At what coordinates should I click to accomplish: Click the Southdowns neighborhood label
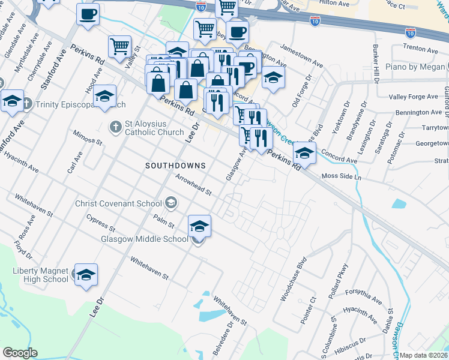(x=175, y=165)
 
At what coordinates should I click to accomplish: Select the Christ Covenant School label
(x=118, y=203)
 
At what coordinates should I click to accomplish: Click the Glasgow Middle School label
(x=145, y=239)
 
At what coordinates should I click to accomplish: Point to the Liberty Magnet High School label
(x=41, y=275)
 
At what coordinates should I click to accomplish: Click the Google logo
(x=20, y=353)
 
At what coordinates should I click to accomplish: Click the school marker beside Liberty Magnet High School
(x=86, y=274)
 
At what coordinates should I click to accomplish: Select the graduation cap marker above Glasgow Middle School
(x=199, y=226)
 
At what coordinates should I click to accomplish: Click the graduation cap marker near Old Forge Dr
(x=273, y=77)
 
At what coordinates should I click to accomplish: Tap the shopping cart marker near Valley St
(x=119, y=46)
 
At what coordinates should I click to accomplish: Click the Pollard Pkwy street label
(x=338, y=281)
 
